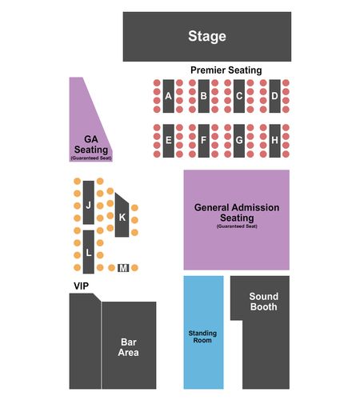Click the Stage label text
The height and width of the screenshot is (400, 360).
pyautogui.click(x=207, y=36)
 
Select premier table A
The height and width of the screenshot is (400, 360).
pyautogui.click(x=169, y=96)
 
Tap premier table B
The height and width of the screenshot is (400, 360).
pyautogui.click(x=204, y=96)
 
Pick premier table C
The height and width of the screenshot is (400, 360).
pyautogui.click(x=239, y=96)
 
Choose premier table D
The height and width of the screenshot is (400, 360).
pyautogui.click(x=274, y=96)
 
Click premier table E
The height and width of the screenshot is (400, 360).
pyautogui.click(x=169, y=141)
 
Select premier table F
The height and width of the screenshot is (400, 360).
pyautogui.click(x=204, y=141)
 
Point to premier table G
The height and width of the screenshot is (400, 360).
pyautogui.click(x=239, y=141)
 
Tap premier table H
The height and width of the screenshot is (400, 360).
pyautogui.click(x=274, y=141)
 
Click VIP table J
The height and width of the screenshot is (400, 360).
pyautogui.click(x=89, y=202)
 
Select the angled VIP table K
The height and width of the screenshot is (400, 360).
pyautogui.click(x=122, y=216)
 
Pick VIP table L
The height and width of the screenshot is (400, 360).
pyautogui.click(x=89, y=252)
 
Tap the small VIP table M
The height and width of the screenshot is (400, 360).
pyautogui.click(x=123, y=268)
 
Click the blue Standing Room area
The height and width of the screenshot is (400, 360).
pyautogui.click(x=203, y=332)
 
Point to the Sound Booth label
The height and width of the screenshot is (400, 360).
pyautogui.click(x=263, y=302)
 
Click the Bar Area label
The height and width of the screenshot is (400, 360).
pyautogui.click(x=129, y=347)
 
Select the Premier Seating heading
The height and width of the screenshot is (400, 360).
pyautogui.click(x=226, y=70)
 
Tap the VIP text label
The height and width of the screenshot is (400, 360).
pyautogui.click(x=82, y=286)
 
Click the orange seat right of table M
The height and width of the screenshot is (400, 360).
pyautogui.click(x=134, y=267)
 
